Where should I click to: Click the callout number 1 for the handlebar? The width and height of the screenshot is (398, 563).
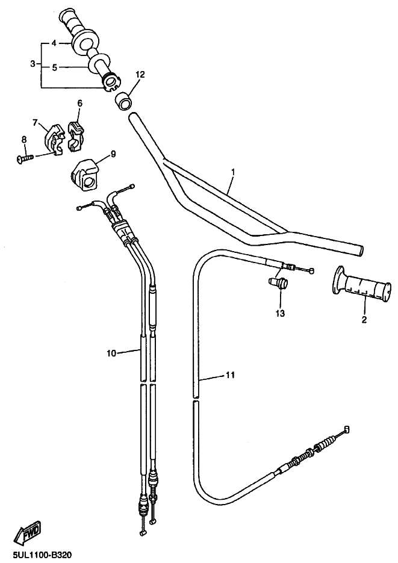233,172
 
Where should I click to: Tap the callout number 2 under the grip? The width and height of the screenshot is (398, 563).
364,319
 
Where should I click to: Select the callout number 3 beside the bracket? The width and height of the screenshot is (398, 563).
33,64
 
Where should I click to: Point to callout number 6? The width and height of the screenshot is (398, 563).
79,104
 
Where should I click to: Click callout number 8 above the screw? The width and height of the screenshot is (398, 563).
24,139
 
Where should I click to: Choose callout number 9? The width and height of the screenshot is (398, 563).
113,154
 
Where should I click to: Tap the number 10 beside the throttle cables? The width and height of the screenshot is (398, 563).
111,353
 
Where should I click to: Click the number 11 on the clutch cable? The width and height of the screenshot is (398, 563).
230,375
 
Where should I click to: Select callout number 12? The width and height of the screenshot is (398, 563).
140,74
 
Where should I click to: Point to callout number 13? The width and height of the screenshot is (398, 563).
280,314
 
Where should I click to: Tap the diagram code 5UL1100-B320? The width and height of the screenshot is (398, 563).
37,555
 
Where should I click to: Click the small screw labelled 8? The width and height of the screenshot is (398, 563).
25,158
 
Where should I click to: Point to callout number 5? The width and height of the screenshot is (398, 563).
54,67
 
